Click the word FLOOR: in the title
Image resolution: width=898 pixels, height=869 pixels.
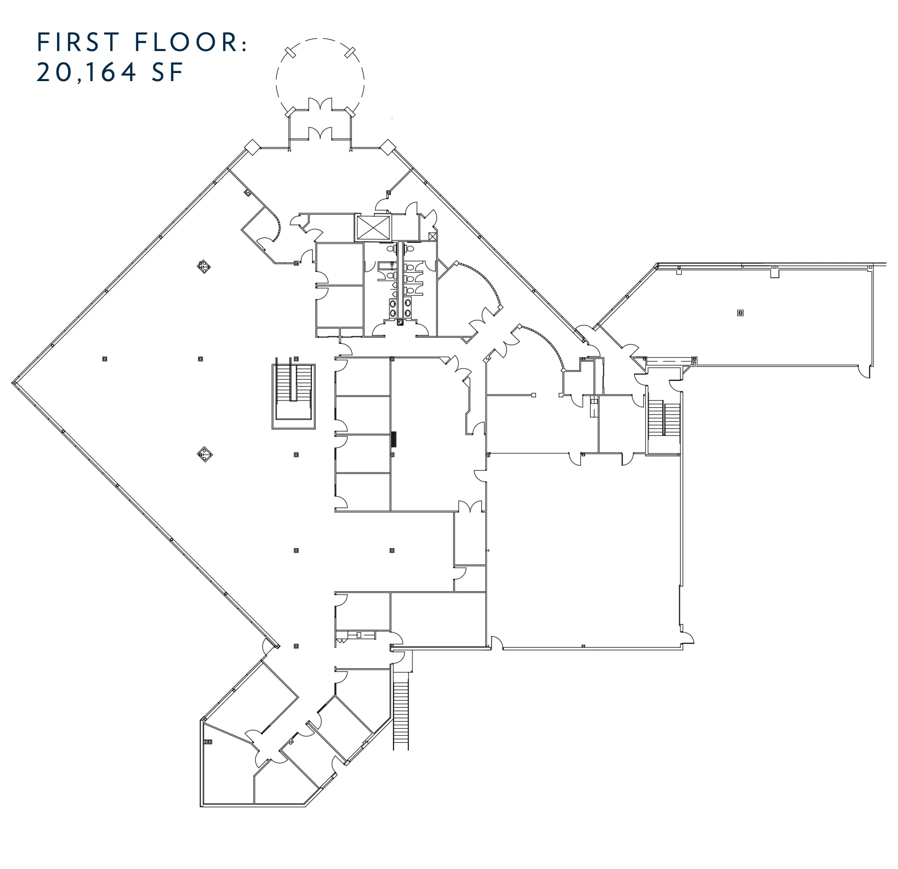tap(191, 42)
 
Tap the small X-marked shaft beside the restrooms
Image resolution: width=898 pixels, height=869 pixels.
tap(433, 236)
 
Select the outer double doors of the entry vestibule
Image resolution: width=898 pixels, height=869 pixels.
tap(320, 105)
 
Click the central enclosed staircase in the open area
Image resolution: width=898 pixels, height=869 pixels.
tap(293, 396)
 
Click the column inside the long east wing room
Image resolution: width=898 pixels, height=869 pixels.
tap(740, 313)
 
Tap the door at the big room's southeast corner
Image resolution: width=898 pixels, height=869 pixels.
tap(687, 637)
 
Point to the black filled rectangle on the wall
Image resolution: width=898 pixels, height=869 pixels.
tap(394, 439)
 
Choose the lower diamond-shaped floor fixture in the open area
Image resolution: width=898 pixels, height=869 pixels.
tap(205, 455)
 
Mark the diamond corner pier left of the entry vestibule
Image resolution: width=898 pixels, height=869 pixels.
tap(252, 147)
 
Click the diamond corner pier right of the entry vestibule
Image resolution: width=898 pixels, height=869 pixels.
tap(388, 147)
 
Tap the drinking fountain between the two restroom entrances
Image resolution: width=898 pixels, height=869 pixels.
tap(400, 322)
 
